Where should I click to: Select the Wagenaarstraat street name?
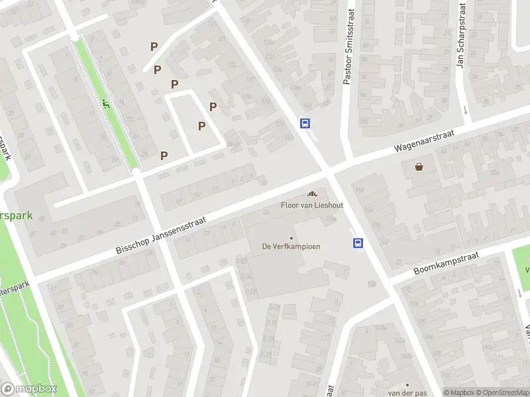pyautogui.click(x=424, y=140)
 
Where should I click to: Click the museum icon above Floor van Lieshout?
pyautogui.click(x=311, y=194)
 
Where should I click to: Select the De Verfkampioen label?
pyautogui.click(x=291, y=247)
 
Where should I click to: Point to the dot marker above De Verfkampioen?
pyautogui.click(x=291, y=238)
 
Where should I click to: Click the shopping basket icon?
pyautogui.click(x=419, y=167)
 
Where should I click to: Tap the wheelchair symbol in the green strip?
pyautogui.click(x=105, y=103)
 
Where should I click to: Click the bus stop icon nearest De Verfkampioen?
pyautogui.click(x=358, y=243)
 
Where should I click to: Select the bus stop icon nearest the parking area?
pyautogui.click(x=305, y=123)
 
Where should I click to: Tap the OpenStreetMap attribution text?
pyautogui.click(x=502, y=392)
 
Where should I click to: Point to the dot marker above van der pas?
pyautogui.click(x=407, y=384)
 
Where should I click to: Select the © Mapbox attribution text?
pyautogui.click(x=458, y=392)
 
